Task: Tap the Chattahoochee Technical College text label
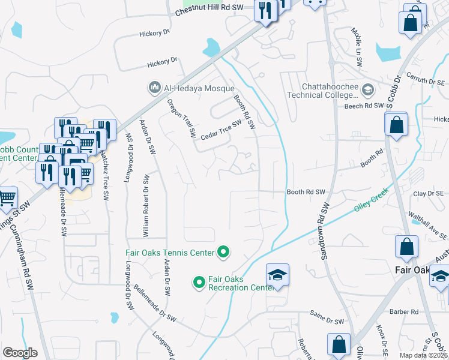[x=322, y=91]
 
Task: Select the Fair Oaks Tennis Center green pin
[x=224, y=253]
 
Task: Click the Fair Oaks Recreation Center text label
[x=237, y=284]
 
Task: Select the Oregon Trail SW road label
[x=182, y=117]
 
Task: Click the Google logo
[x=20, y=353]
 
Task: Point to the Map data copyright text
[x=424, y=355]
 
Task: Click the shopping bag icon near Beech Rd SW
[x=396, y=125]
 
